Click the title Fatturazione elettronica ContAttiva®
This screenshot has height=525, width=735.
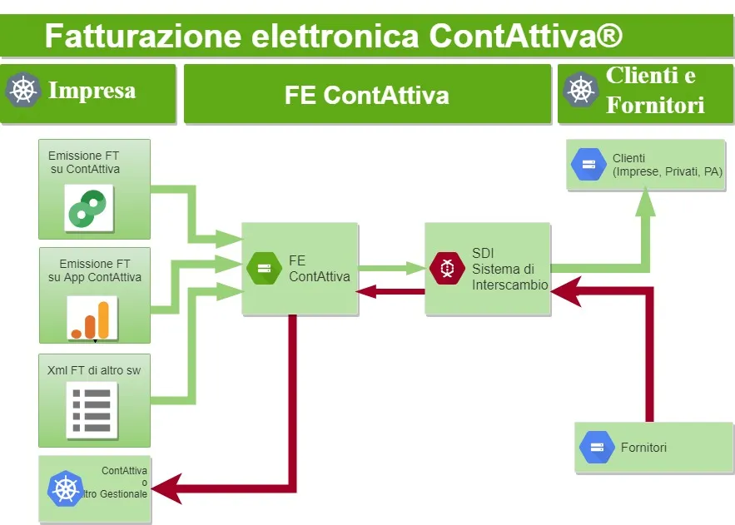333,37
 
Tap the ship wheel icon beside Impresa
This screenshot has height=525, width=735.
23,89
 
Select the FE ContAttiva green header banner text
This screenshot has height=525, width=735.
366,95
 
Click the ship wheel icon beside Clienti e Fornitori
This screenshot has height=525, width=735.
581,89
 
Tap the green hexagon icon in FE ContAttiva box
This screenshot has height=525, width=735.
265,267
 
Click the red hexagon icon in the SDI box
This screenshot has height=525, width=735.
447,267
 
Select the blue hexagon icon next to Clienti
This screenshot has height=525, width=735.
588,165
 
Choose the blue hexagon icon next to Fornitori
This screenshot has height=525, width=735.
597,448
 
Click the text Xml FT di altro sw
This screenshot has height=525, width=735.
94,370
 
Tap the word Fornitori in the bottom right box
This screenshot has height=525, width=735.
643,448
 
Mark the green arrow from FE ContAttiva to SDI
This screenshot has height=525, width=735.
392,268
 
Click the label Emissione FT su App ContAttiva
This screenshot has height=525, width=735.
95,270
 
